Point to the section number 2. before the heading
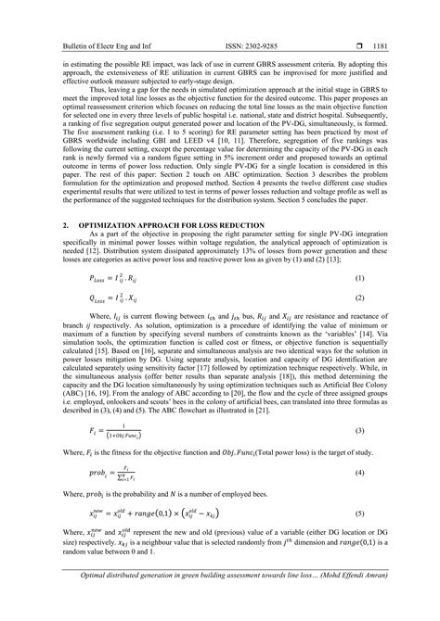coord(65,225)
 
